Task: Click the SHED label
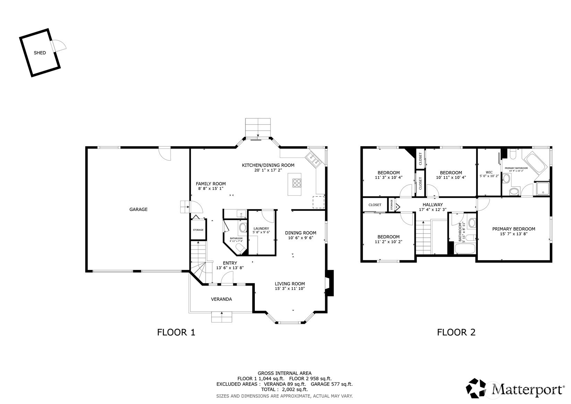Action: (x=40, y=53)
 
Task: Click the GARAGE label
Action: (x=138, y=209)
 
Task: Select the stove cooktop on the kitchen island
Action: (x=297, y=183)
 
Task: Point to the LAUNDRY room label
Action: (x=261, y=228)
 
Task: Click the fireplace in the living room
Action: (x=329, y=283)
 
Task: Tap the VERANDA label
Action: (x=222, y=299)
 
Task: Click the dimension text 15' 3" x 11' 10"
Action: (x=290, y=288)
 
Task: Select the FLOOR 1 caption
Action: (x=176, y=332)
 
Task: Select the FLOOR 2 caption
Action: (x=456, y=332)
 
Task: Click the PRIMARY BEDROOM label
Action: (x=513, y=229)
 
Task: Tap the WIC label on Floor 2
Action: (x=489, y=172)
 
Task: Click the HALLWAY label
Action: (x=432, y=205)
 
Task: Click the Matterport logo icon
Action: (x=477, y=388)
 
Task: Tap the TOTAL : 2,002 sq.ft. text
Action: (x=284, y=389)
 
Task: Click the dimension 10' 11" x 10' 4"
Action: (x=451, y=177)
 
